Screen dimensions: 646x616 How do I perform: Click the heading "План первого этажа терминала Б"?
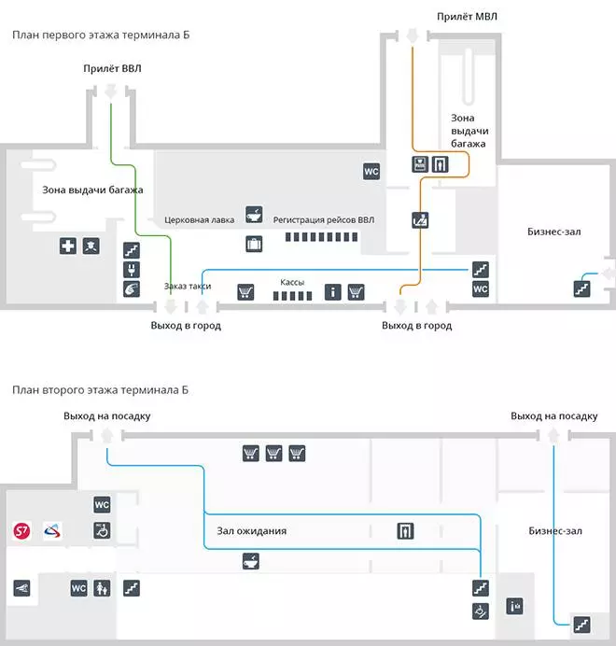102,35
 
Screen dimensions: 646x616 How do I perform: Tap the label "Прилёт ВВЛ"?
112,68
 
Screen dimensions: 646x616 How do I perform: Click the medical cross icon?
68,246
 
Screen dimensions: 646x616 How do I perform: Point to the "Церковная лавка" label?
199,220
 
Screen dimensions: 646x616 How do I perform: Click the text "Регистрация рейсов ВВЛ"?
323,220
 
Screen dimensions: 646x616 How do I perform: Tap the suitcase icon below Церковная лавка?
254,245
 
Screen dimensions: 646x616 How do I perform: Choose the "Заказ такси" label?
187,287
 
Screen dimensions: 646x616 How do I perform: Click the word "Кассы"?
292,281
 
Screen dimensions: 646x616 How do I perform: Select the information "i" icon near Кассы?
332,292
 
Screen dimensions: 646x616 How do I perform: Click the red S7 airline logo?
22,531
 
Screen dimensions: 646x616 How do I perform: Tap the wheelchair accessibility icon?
103,530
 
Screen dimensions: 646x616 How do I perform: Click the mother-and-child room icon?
103,588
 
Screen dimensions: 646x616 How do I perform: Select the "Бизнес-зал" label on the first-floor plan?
554,231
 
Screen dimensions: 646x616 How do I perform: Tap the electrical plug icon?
131,270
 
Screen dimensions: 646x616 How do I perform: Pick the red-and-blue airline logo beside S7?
52,531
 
